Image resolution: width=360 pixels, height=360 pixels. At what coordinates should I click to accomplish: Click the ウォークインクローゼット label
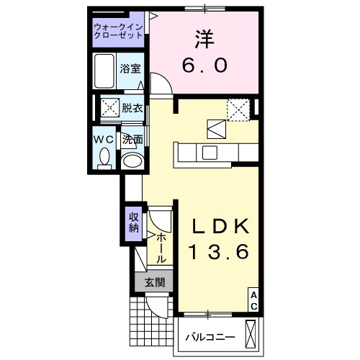(119, 32)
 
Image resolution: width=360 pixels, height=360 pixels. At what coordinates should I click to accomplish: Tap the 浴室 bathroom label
(130, 70)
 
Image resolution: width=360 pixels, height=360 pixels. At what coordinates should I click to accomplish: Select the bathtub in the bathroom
(105, 70)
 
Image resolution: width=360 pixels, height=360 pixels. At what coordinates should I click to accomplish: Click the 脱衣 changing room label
(132, 109)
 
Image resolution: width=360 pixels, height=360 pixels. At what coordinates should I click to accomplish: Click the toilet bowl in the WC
(105, 156)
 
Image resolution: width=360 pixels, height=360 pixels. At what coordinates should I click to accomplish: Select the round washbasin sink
(132, 161)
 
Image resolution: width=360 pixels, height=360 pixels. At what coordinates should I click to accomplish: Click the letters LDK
(219, 225)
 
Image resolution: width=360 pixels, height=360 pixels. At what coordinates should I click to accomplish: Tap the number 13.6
(219, 252)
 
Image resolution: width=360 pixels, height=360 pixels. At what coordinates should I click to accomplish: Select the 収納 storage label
(133, 223)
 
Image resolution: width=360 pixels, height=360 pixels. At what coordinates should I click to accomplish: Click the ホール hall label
(161, 247)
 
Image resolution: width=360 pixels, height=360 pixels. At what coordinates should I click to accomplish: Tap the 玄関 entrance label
(153, 282)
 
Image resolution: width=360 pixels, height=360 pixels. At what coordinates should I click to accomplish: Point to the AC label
(253, 301)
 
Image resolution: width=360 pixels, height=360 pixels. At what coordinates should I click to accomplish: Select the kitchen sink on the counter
(210, 152)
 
